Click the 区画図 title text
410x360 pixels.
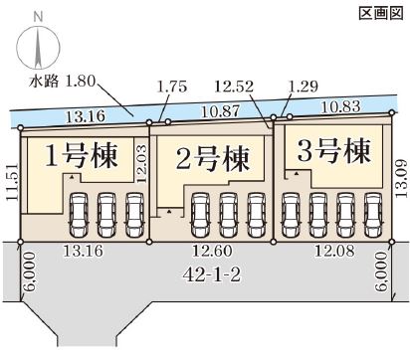coord(381,13)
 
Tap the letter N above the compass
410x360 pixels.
coord(39,17)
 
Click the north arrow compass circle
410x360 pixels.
coord(39,46)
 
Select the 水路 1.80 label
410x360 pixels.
coord(62,82)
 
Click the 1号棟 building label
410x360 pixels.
coord(82,155)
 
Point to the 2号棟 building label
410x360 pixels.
coord(212,159)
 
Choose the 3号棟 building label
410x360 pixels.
coord(333,151)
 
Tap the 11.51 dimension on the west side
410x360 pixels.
coord(12,182)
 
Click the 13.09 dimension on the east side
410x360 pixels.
coord(401,179)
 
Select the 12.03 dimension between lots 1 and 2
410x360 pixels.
coord(142,164)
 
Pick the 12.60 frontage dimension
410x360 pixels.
coord(212,251)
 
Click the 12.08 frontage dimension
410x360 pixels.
coord(334,251)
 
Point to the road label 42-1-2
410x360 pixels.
coord(212,275)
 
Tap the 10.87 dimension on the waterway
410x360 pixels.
coord(220,111)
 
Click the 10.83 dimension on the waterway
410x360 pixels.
coord(340,106)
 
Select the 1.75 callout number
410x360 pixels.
coord(172,87)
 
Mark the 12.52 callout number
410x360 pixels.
coord(234,87)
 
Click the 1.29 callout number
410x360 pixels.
coord(303,87)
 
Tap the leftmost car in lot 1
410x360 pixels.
coord(79,215)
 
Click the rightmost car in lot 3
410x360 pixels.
coord(373,215)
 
